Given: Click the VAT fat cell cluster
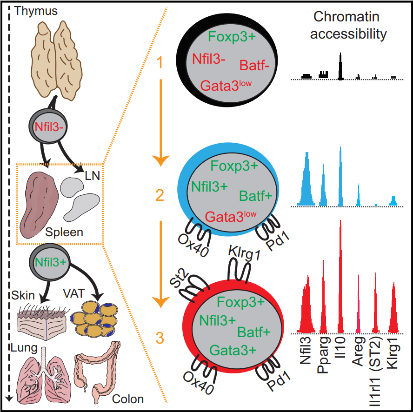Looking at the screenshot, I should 96,319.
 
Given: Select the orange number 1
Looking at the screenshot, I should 159,62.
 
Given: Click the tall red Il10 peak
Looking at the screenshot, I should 341,279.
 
